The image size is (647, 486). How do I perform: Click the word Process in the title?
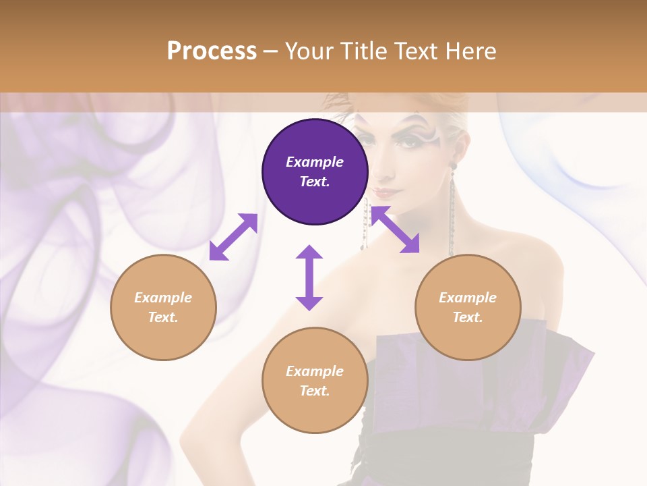pos(212,51)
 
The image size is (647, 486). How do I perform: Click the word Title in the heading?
pos(362,51)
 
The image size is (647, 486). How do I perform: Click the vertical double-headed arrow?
pos(309,277)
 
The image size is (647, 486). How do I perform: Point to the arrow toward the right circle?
pos(396,230)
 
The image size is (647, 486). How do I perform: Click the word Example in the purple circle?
pos(315,162)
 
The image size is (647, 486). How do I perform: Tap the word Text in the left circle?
pos(162,317)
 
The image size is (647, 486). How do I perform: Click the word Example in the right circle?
pos(468,298)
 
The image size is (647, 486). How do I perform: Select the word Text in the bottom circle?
pos(314,391)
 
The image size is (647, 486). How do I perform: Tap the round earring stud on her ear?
pos(453,165)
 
